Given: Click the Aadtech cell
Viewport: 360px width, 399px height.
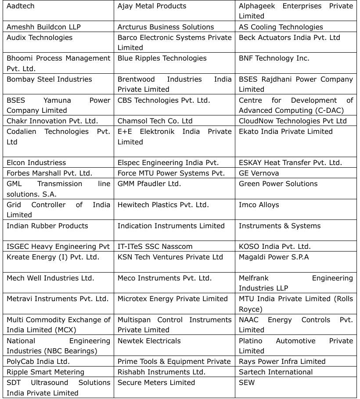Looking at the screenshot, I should click(x=21, y=6).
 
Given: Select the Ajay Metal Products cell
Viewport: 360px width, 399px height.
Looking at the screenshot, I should click(x=152, y=6).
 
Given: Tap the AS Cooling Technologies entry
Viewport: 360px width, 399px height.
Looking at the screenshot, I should click(x=281, y=27).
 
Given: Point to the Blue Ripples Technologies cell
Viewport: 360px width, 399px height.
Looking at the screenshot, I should click(x=162, y=58).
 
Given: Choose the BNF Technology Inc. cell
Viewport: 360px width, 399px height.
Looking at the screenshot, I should click(x=274, y=58).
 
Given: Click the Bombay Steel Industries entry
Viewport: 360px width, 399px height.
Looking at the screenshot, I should click(x=49, y=79).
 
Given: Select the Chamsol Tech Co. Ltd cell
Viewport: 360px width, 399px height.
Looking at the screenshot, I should click(x=155, y=121).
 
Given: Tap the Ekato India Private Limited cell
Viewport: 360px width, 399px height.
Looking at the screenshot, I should click(x=286, y=132).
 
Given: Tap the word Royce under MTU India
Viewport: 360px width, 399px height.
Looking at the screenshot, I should click(x=250, y=309).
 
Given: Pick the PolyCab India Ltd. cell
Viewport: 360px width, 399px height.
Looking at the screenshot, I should click(x=38, y=362).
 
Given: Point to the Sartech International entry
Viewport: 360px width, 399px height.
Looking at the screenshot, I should click(x=276, y=372).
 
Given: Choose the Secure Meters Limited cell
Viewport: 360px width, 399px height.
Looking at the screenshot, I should click(x=156, y=383).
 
